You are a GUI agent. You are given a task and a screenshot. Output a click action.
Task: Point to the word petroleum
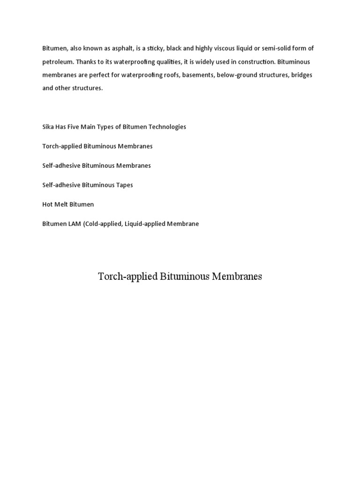57,62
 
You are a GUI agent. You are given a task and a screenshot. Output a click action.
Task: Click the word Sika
48,127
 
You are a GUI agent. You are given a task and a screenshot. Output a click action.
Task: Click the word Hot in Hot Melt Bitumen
48,204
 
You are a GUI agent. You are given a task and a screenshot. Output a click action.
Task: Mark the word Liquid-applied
145,224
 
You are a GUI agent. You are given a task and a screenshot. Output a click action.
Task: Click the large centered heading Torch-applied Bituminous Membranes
180,277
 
